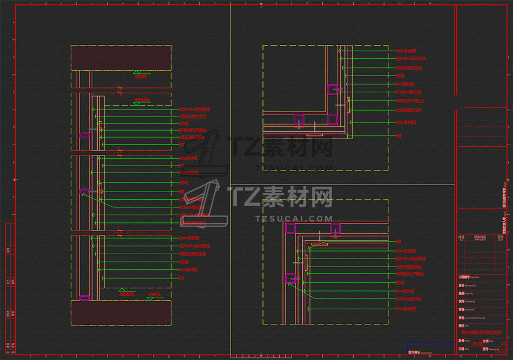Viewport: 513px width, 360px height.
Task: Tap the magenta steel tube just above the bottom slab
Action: coord(84,297)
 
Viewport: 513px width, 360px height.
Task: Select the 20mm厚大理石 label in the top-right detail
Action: coord(406,123)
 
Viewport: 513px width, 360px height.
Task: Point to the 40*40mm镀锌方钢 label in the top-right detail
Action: coord(408,92)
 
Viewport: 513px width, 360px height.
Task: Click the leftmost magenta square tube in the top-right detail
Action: coord(299,119)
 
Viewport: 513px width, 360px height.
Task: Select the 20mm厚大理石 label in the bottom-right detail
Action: coord(406,309)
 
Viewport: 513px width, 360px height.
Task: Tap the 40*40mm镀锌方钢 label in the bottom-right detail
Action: coord(408,298)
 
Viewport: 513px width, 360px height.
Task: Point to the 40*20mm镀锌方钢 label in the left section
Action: coord(192,207)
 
